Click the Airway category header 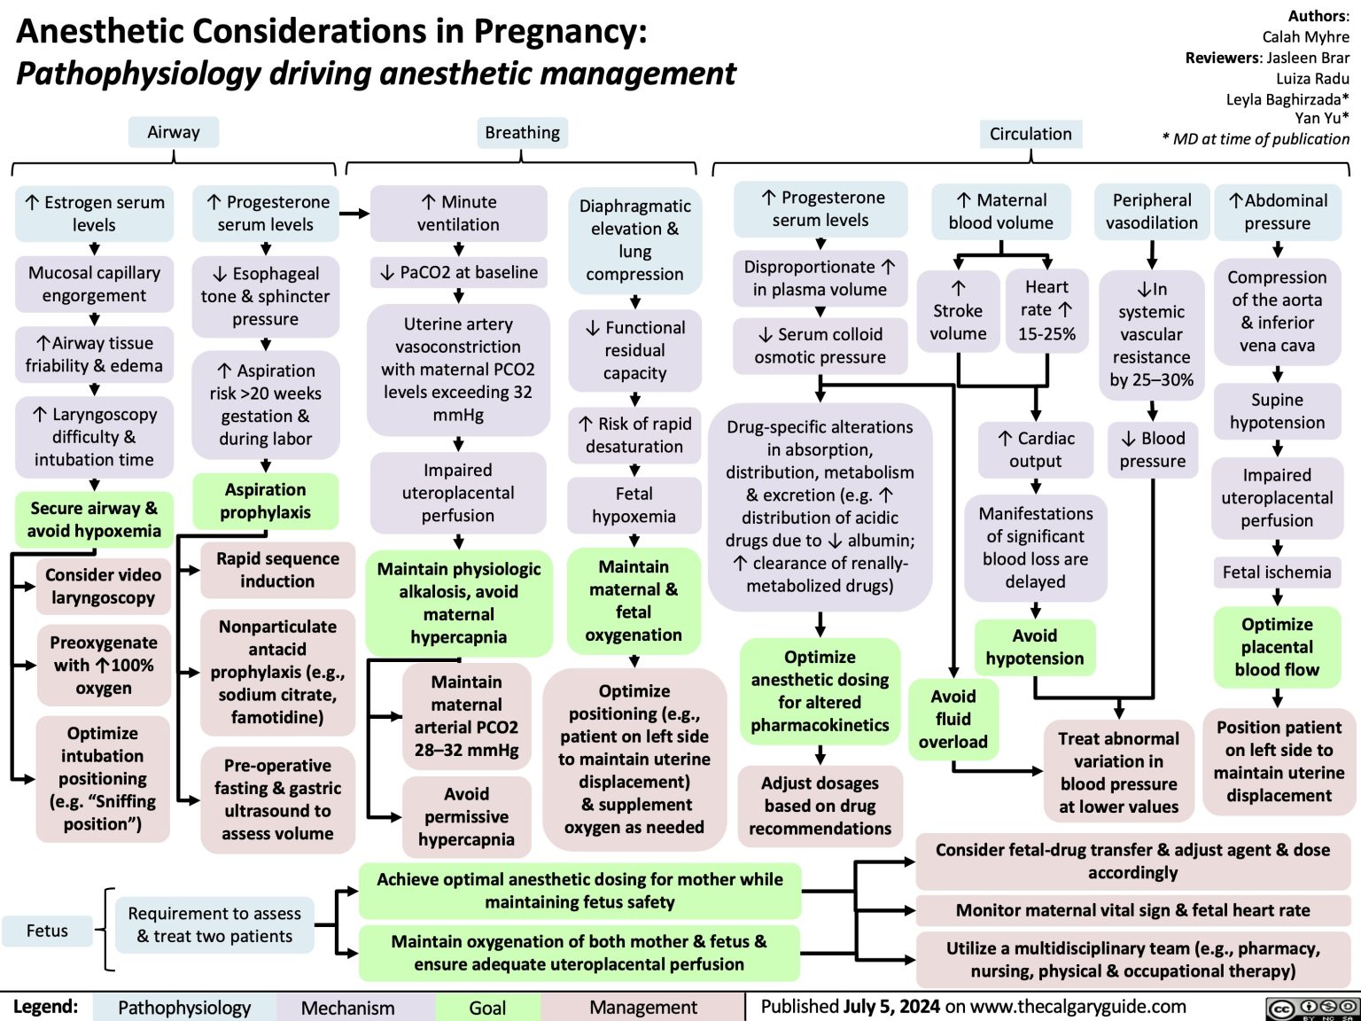click(174, 132)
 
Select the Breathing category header click(522, 132)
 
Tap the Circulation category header click(1030, 134)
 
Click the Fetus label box click(47, 931)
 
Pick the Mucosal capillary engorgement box click(94, 284)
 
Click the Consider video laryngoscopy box click(103, 586)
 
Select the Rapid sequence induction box click(277, 570)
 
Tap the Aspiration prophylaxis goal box click(265, 501)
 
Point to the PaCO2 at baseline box click(459, 272)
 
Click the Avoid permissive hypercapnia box click(466, 816)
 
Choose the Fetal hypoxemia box click(634, 504)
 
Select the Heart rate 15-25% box click(1046, 310)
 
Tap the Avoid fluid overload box click(953, 719)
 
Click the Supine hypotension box click(1277, 411)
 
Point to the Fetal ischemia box click(1277, 573)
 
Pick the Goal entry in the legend click(487, 1008)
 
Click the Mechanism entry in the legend click(347, 1008)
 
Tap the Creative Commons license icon click(1312, 1008)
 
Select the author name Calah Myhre click(1305, 36)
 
